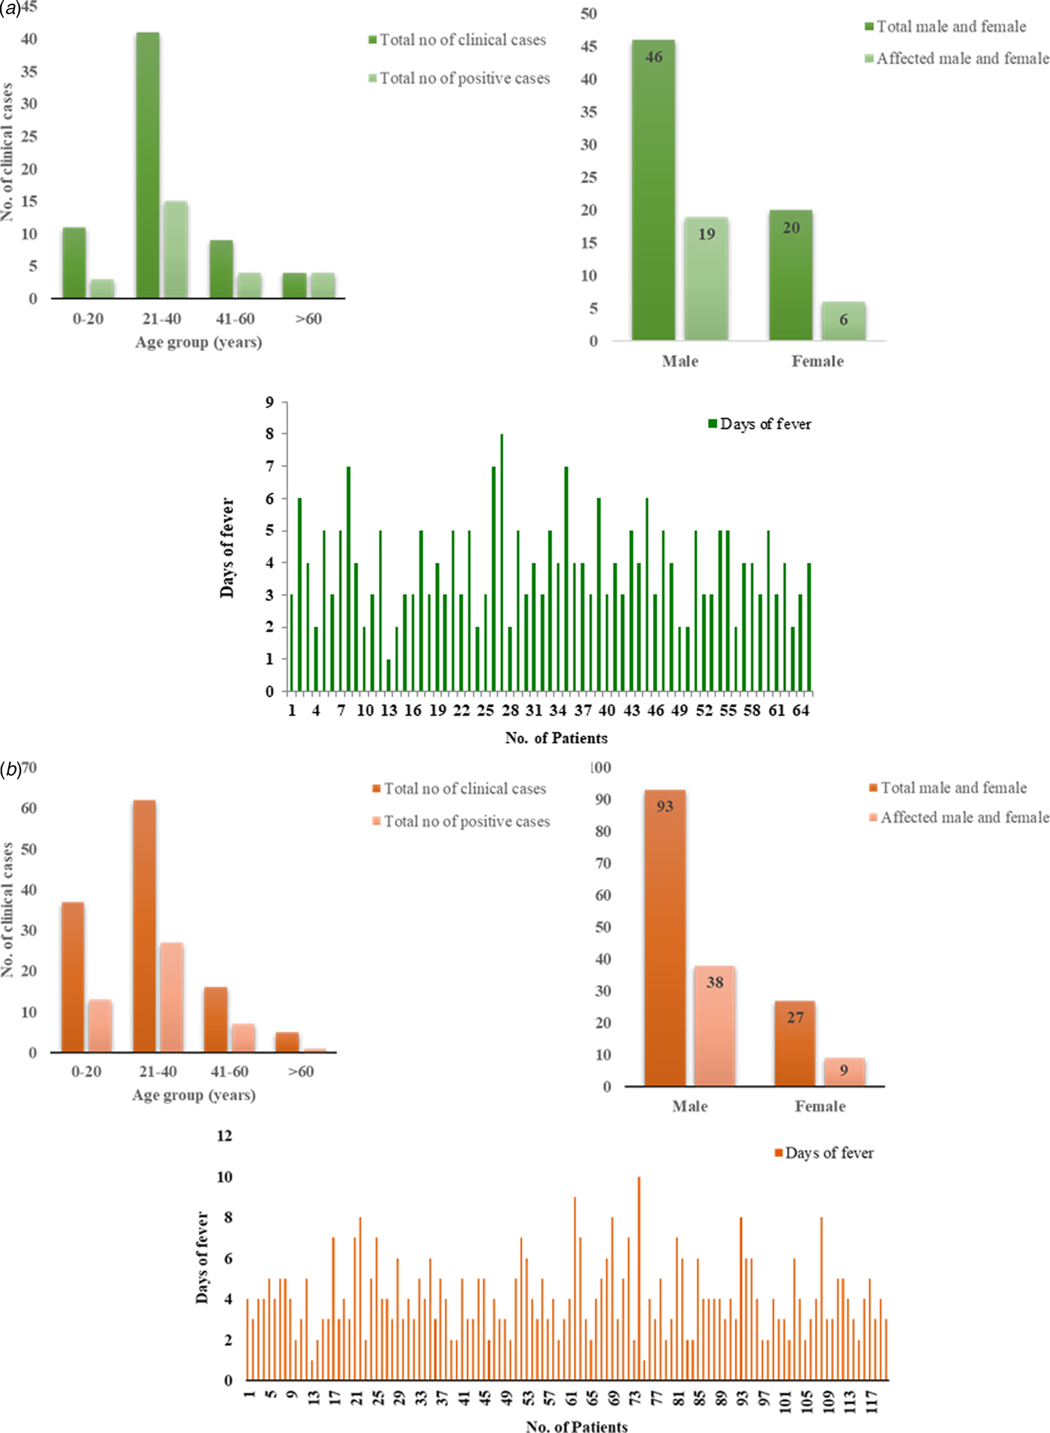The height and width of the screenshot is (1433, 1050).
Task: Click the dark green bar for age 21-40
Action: tap(148, 165)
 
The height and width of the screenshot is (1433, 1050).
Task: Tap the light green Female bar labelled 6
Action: tap(843, 321)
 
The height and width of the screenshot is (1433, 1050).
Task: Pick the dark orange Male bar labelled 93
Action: tap(664, 938)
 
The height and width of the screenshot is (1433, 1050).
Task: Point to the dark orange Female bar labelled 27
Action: tap(795, 1044)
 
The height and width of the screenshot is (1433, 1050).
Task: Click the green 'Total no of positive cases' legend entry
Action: tap(459, 79)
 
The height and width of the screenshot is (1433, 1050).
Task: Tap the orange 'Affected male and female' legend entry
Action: tap(958, 817)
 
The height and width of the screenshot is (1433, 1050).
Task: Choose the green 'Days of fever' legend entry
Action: tap(760, 424)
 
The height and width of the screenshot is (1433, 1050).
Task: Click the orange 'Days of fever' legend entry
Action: tap(824, 1152)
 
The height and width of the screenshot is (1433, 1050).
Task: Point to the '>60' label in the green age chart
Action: tap(308, 319)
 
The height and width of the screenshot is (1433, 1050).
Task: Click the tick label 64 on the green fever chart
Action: tap(801, 710)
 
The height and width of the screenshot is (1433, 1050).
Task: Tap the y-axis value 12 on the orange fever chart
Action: tap(224, 1136)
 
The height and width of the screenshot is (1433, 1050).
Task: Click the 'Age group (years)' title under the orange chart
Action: tap(193, 1095)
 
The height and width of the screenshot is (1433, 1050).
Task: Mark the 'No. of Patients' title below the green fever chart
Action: tap(556, 738)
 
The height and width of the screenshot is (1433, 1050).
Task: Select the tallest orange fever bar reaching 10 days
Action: tap(639, 1278)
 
